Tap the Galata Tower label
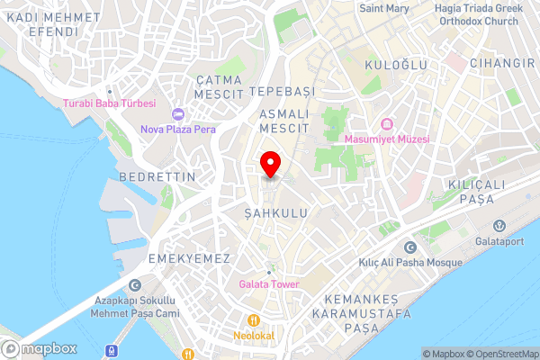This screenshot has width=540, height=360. coord(268,286)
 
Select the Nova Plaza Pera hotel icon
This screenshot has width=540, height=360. coord(178,114)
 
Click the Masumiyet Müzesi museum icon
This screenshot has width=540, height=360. coord(388,124)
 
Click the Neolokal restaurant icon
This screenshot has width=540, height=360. coord(256,319)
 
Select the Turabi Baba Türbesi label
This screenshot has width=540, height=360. coord(110,103)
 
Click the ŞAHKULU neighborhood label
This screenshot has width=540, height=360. coord(276,213)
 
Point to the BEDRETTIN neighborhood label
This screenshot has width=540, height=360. coord(157,177)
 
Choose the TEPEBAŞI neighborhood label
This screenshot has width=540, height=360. coord(283,93)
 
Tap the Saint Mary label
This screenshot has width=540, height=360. coord(386,8)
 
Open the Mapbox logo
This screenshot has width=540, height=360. coord(40,348)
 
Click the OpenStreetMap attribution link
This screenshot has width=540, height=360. coord(500,354)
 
